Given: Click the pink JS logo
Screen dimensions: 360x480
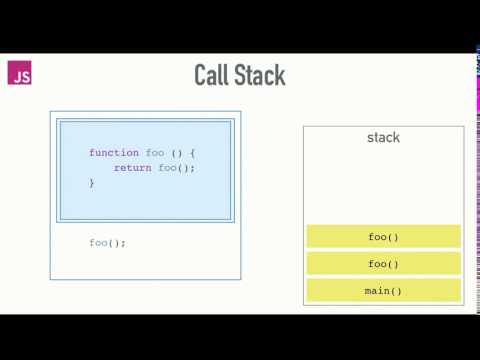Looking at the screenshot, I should coord(19,75).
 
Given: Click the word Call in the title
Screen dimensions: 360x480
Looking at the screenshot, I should coord(212,75).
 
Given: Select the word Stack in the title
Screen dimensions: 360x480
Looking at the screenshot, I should coord(259,75).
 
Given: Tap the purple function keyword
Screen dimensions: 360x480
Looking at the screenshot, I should coord(114,152).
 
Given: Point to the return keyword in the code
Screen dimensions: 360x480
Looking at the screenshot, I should coord(132,168).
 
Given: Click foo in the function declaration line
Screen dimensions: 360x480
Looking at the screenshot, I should coord(155,152).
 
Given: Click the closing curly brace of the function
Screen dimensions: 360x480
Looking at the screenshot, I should coord(91,183).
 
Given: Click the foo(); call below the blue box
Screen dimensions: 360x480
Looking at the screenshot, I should coord(107,243).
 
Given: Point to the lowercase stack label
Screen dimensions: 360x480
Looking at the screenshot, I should coord(384,137).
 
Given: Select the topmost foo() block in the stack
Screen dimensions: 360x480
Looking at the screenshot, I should coord(384,237).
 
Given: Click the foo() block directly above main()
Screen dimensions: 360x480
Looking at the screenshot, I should coord(384,264).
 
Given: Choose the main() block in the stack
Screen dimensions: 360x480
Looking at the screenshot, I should coord(384,291).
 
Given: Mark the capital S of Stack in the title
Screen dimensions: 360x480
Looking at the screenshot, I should coord(239,75).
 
